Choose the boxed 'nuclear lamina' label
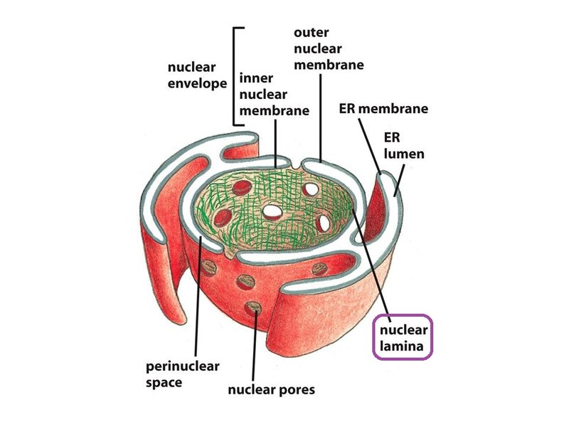(404, 339)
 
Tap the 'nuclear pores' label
(271, 390)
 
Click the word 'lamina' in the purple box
(404, 348)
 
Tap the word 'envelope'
(198, 84)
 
